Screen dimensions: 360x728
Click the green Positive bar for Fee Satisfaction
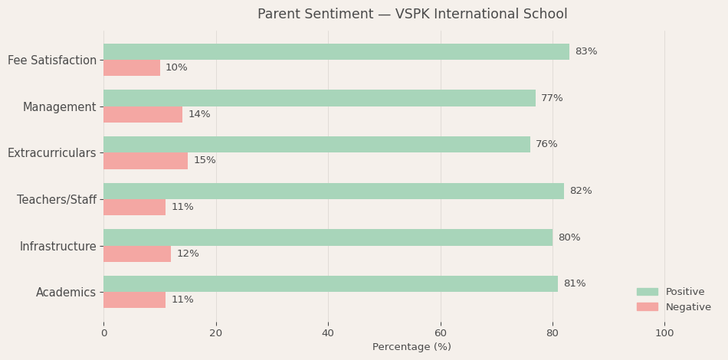tap(336, 51)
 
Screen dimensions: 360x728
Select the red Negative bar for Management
tap(143, 114)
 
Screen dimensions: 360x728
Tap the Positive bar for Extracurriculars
tap(316, 144)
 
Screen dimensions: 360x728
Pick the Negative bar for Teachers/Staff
tap(134, 207)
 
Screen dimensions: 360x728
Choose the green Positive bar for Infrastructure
tap(327, 237)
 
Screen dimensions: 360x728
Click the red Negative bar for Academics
tap(134, 299)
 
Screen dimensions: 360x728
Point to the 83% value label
tap(585, 51)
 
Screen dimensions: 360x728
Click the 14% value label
tap(199, 114)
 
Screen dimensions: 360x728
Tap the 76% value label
tap(546, 144)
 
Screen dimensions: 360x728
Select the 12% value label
tap(188, 254)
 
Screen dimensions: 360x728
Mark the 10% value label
tap(176, 67)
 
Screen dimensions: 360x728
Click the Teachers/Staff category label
tap(57, 200)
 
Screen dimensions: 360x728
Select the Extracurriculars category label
tap(52, 153)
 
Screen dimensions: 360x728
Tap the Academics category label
tap(66, 293)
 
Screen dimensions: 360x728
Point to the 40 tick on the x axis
tap(328, 333)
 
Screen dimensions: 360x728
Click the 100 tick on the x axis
tap(664, 333)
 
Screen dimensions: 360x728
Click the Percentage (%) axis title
tap(412, 347)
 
